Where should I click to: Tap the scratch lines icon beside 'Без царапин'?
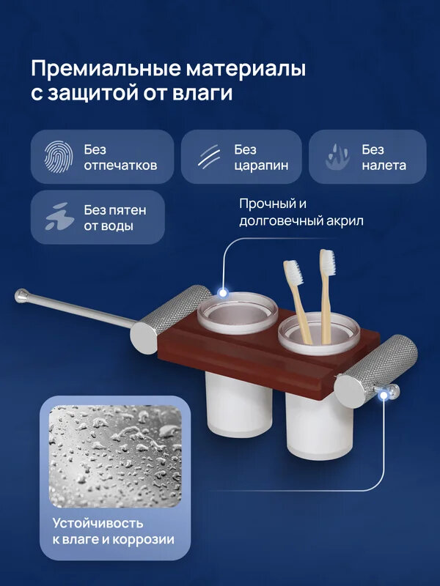click(210, 157)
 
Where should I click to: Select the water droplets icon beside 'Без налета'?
click(337, 157)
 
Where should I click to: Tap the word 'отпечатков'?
click(120, 166)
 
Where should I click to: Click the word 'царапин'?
click(261, 166)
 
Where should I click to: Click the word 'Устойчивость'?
click(98, 524)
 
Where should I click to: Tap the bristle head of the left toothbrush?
click(292, 270)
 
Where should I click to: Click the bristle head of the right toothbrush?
click(326, 262)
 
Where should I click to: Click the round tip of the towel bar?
click(20, 297)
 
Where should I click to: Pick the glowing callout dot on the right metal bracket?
click(383, 396)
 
